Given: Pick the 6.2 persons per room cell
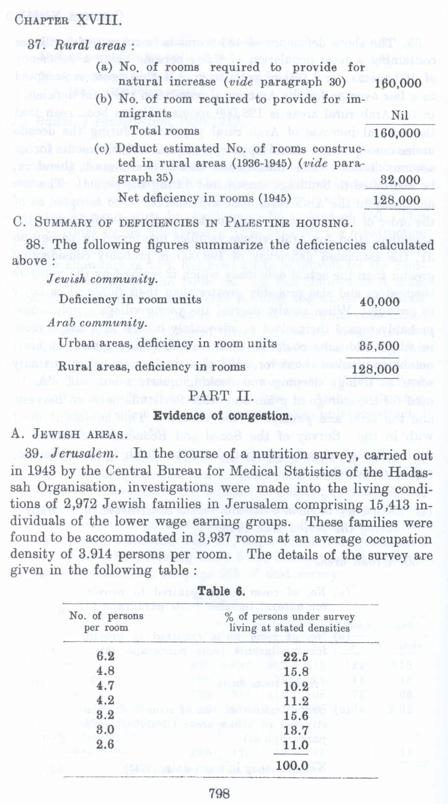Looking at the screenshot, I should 105,656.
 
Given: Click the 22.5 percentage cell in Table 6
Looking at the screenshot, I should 296,657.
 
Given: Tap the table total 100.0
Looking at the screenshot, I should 292,765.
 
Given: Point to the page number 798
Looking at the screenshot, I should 219,794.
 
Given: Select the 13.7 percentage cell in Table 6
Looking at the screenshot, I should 296,730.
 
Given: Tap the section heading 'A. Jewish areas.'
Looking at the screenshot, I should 68,435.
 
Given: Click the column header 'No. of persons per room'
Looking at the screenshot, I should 106,621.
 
